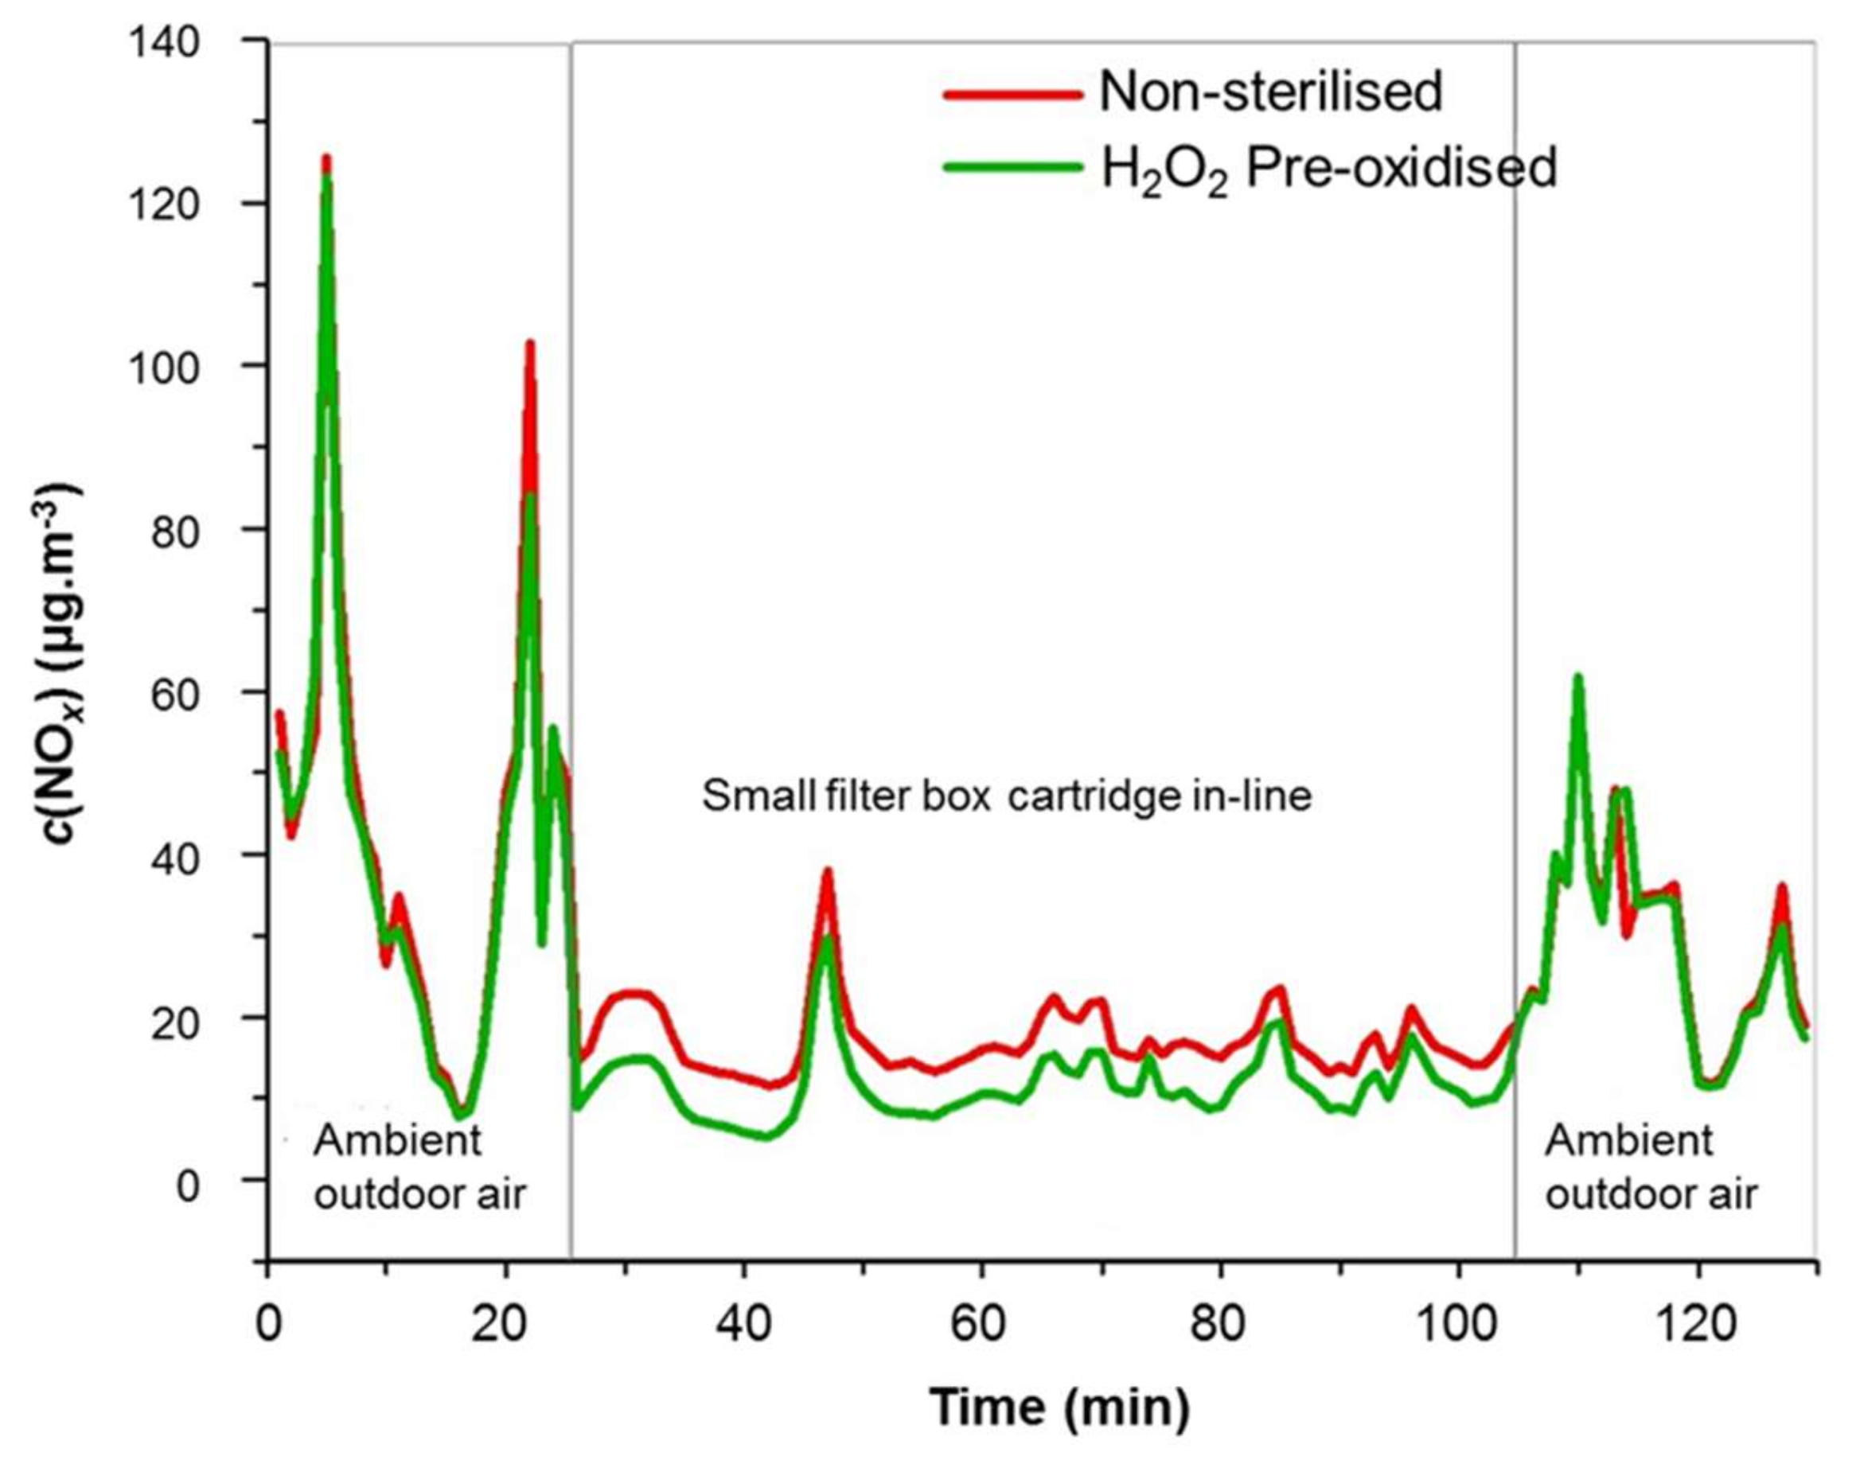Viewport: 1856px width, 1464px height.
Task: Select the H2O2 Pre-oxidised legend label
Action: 1328,168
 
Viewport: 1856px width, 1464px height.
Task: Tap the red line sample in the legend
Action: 1012,95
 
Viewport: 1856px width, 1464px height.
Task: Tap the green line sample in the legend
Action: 1012,166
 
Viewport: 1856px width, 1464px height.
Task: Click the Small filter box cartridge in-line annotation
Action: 1007,796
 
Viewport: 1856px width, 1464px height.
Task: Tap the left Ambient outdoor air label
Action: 419,1167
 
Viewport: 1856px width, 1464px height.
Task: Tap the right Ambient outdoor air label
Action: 1650,1167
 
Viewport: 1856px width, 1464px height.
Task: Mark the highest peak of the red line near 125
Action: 326,158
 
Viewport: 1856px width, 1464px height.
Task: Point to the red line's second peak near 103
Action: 530,344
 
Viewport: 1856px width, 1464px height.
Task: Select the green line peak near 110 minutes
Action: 1577,677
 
